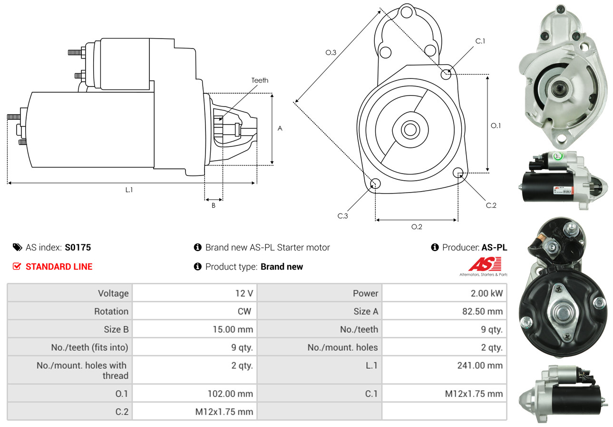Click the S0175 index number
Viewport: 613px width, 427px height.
coord(78,247)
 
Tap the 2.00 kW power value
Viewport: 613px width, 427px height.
coord(487,293)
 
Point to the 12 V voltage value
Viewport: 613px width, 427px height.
coord(243,293)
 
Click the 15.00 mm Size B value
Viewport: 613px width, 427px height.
coord(233,329)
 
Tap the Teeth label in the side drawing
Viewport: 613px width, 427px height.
coord(260,80)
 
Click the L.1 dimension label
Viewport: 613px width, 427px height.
coord(129,190)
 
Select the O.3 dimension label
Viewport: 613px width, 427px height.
coord(331,53)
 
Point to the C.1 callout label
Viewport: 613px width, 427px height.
coord(480,41)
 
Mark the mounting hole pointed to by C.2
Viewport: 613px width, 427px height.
coord(458,172)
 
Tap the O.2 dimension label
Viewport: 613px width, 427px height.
coord(417,227)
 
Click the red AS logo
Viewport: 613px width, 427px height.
coord(484,264)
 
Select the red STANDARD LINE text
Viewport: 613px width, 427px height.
coord(59,267)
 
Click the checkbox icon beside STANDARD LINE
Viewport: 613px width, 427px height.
coord(17,266)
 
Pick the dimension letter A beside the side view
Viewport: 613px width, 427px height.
coord(280,128)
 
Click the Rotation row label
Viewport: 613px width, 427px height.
coord(111,311)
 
